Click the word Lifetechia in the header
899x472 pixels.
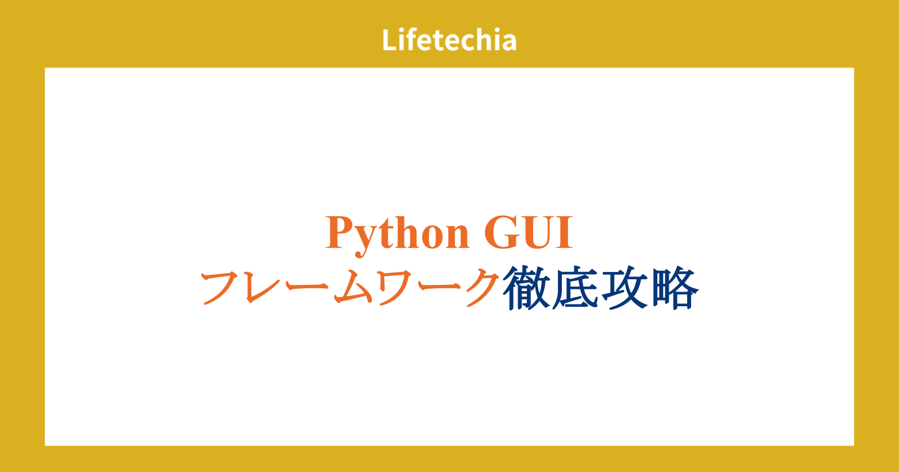click(x=449, y=40)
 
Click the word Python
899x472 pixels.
click(x=397, y=235)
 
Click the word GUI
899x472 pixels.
click(x=528, y=233)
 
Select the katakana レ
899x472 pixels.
click(x=263, y=287)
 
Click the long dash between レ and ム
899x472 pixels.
click(x=307, y=286)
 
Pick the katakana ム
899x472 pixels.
click(x=353, y=287)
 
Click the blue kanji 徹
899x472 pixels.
click(x=526, y=288)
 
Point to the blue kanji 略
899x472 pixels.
click(x=675, y=288)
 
